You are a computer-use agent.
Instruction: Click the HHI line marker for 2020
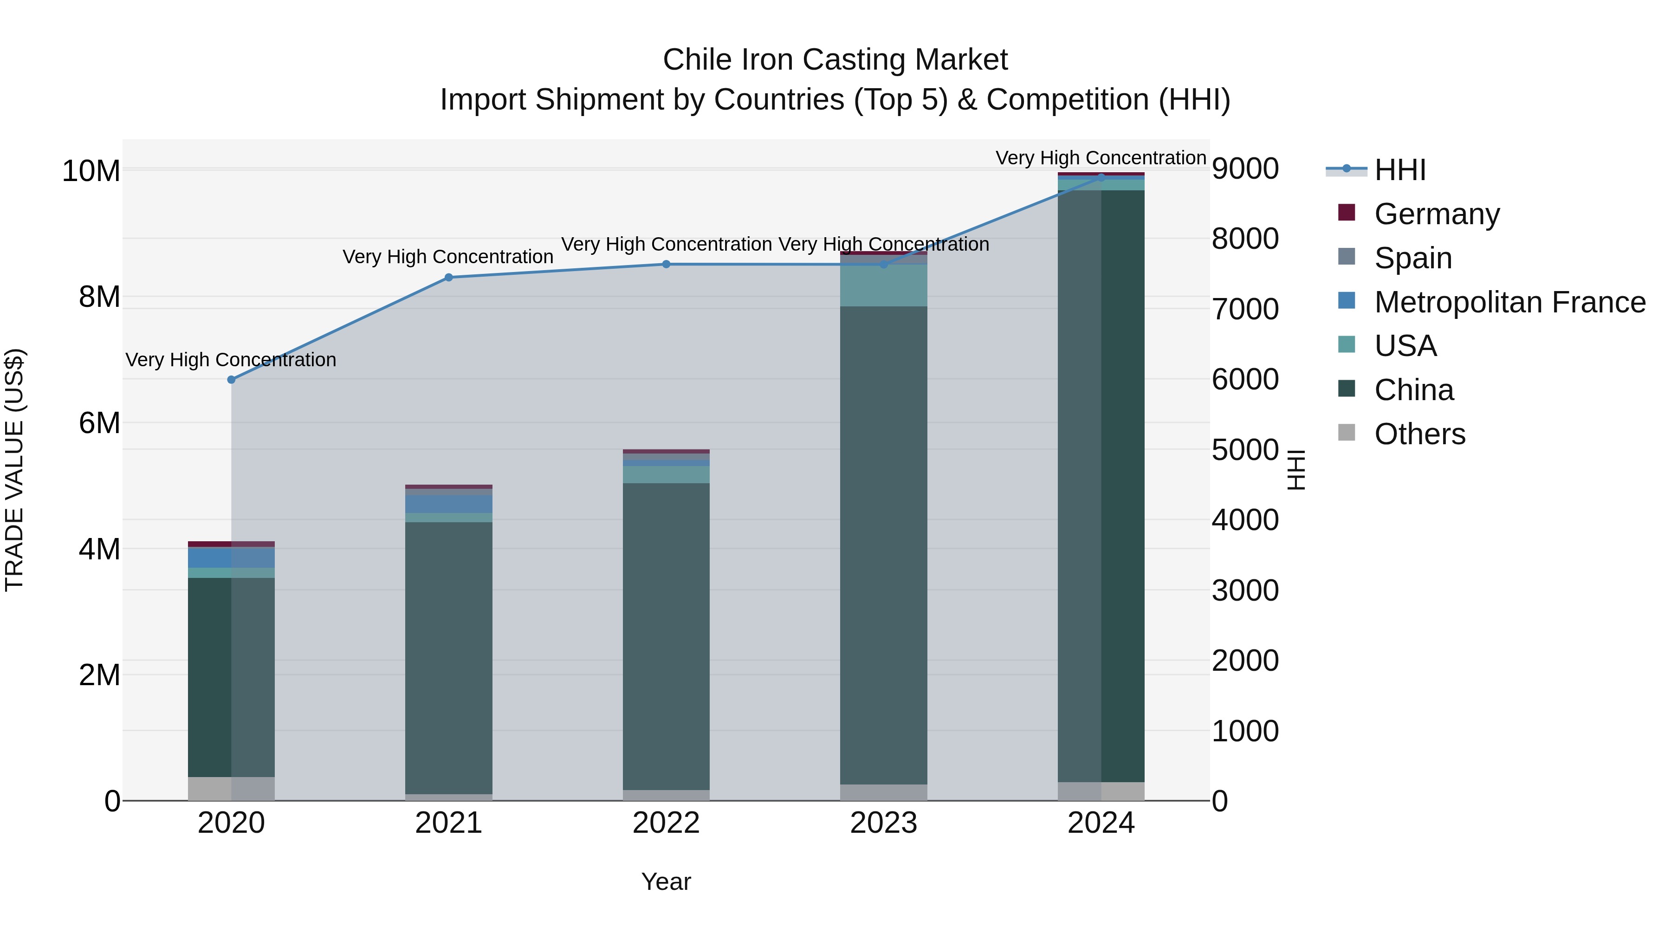pos(231,380)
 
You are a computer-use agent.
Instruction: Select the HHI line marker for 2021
pos(448,278)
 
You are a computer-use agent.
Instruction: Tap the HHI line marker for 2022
pos(666,264)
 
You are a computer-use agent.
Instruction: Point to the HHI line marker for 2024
pos(1101,177)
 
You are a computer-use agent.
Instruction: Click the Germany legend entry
pos(1436,214)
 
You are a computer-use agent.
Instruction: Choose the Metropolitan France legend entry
pos(1509,302)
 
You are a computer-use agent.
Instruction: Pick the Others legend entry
pos(1419,434)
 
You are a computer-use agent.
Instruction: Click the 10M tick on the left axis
pos(91,171)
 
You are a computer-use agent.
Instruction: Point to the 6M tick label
pos(99,423)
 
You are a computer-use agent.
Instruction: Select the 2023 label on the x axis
pos(883,823)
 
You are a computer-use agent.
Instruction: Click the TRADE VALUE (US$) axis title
pos(14,470)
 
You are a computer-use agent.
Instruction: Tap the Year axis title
pos(666,882)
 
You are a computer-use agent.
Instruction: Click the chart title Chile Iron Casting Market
pos(835,60)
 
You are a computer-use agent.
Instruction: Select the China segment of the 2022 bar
pos(666,636)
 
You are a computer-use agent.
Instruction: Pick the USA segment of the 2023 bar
pos(883,285)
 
